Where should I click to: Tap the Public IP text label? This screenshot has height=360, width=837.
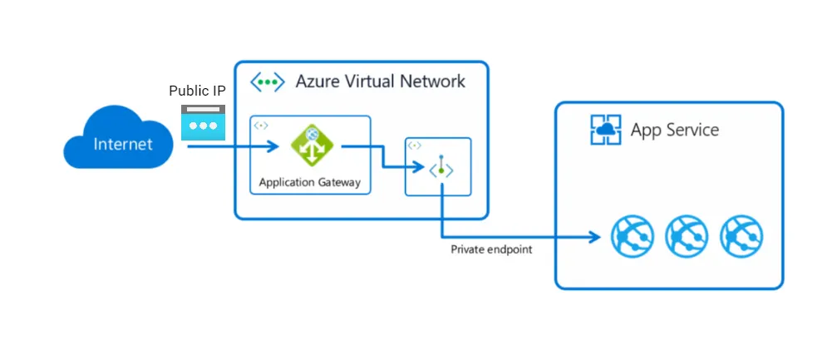197,91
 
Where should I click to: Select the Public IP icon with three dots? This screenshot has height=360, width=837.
203,122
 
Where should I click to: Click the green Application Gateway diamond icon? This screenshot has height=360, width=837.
310,147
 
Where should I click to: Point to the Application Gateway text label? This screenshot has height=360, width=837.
310,183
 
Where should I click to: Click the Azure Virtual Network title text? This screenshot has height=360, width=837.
380,81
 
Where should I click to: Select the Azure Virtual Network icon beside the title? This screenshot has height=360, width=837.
268,82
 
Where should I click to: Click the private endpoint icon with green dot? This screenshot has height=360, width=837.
441,170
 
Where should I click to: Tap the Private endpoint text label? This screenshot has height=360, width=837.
490,249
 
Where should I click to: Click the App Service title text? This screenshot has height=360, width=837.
674,130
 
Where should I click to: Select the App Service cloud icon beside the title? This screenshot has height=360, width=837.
605,130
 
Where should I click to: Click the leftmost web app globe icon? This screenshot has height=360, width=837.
632,235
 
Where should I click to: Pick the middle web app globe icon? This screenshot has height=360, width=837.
687,235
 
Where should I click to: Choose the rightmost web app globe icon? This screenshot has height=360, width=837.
741,235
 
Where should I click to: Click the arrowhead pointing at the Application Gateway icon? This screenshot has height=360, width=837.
272,147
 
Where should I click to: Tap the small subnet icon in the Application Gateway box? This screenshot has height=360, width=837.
261,126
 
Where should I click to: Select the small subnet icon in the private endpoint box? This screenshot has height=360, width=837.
415,145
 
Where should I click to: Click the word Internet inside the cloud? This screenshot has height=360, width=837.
123,144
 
